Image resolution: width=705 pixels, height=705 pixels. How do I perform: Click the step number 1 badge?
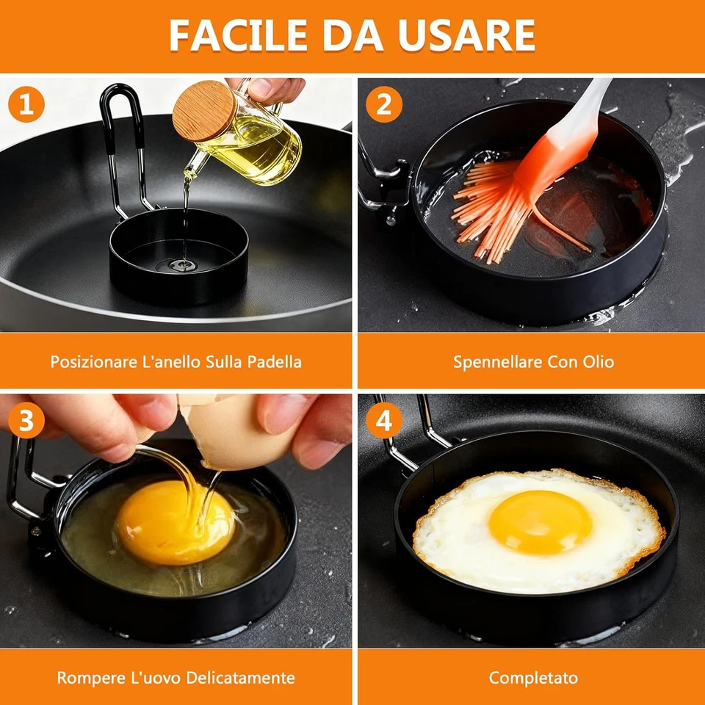coord(26,104)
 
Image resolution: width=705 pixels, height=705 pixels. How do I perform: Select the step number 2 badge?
coord(383,104)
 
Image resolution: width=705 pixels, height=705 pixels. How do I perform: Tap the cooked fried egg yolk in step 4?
coord(540,521)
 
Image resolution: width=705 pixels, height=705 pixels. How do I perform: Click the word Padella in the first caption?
coord(274,362)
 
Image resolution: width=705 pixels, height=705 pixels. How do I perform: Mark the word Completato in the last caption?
coord(533,677)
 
